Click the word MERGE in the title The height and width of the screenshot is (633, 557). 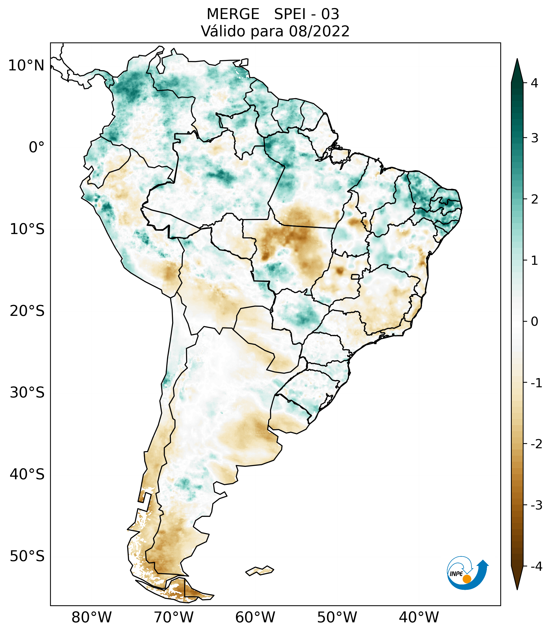(233, 14)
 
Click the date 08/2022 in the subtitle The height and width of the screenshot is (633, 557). (319, 31)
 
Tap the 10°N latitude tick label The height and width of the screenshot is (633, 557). (26, 66)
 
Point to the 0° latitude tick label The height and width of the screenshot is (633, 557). (37, 147)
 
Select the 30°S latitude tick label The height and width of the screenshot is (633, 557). (27, 393)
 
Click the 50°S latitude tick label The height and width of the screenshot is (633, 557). (27, 556)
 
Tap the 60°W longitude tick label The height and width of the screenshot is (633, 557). (255, 617)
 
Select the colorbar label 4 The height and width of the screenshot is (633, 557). (535, 83)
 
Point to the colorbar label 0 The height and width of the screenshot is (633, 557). (535, 322)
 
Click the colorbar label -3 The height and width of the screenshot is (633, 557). (536, 505)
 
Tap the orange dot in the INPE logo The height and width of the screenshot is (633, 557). (466, 579)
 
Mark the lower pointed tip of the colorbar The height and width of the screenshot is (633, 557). (517, 589)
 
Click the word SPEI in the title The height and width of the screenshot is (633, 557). (290, 14)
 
